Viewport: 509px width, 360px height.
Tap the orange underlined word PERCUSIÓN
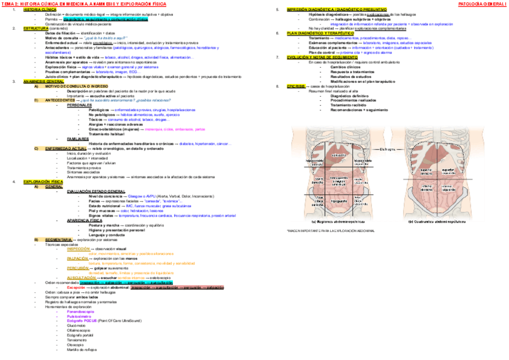(x=78, y=268)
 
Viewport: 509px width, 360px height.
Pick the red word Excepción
(x=76, y=287)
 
